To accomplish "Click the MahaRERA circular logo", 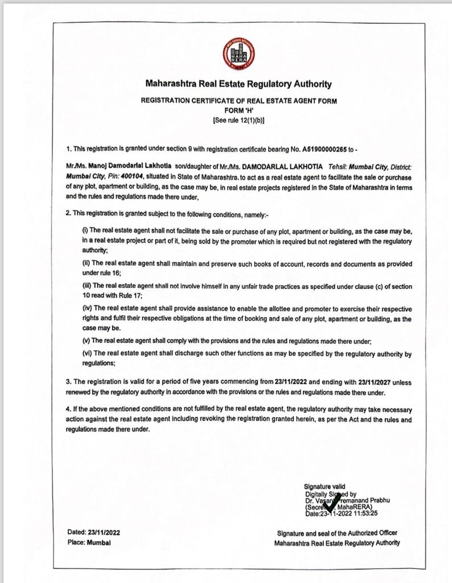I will point(239,54).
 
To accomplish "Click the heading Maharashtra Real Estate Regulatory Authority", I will point(239,84).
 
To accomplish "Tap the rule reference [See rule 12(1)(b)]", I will point(239,120).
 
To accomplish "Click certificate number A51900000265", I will point(324,149).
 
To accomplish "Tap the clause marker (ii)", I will point(87,264).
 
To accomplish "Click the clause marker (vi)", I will point(87,354).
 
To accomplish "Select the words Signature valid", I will point(324,486).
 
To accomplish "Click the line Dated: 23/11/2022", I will point(93,532).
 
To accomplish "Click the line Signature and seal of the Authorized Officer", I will point(337,533).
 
